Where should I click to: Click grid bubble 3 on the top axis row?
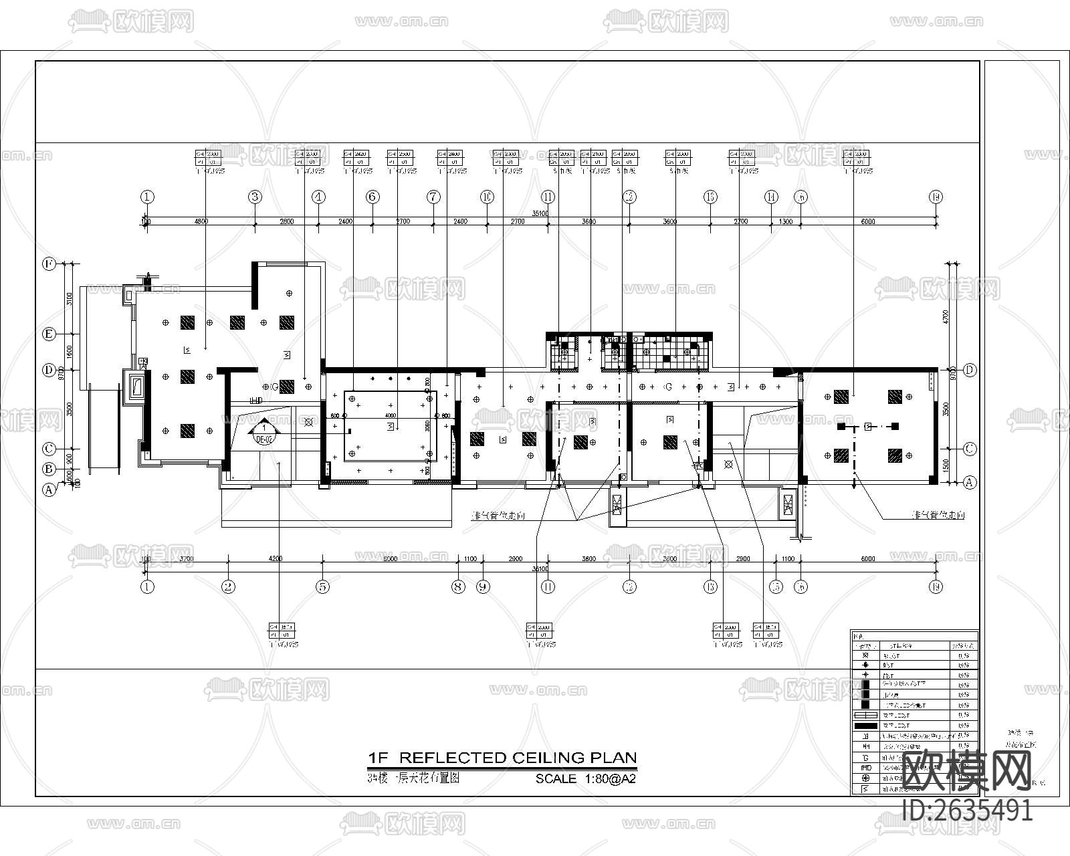(x=255, y=197)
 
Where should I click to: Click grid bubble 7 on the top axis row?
(x=434, y=197)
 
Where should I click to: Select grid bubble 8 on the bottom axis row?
(x=458, y=587)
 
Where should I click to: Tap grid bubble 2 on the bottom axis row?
(x=229, y=587)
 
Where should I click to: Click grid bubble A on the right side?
(x=970, y=482)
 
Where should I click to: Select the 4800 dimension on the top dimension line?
(x=201, y=221)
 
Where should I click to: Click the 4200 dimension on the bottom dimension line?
(x=276, y=558)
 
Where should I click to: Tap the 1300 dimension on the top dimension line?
(x=786, y=221)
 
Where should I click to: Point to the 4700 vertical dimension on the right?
(x=946, y=316)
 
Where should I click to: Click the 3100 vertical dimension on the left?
(x=70, y=298)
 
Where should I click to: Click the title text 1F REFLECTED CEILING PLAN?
(x=502, y=758)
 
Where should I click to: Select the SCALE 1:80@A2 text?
(x=585, y=779)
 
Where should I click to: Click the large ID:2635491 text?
(x=968, y=811)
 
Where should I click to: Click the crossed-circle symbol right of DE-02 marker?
(x=308, y=422)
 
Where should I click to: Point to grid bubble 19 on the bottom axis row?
(x=936, y=587)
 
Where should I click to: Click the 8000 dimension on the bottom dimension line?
(x=390, y=558)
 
